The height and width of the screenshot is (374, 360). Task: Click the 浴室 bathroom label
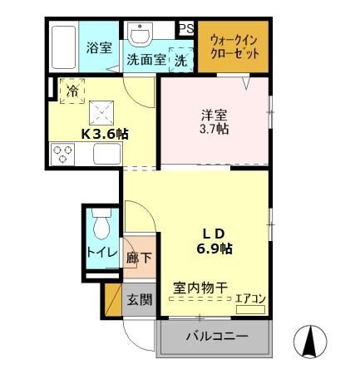100,47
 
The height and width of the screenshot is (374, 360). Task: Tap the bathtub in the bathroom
63,48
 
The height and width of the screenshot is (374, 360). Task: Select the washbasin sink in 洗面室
139,36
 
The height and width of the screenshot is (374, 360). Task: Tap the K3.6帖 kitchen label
104,133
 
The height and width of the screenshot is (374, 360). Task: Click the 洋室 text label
214,116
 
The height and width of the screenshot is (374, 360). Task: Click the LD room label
213,232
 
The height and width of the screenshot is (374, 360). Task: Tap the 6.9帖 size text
213,248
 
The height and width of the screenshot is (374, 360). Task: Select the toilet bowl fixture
101,226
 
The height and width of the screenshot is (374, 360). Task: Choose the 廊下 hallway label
139,258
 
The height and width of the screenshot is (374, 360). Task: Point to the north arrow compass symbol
313,339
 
